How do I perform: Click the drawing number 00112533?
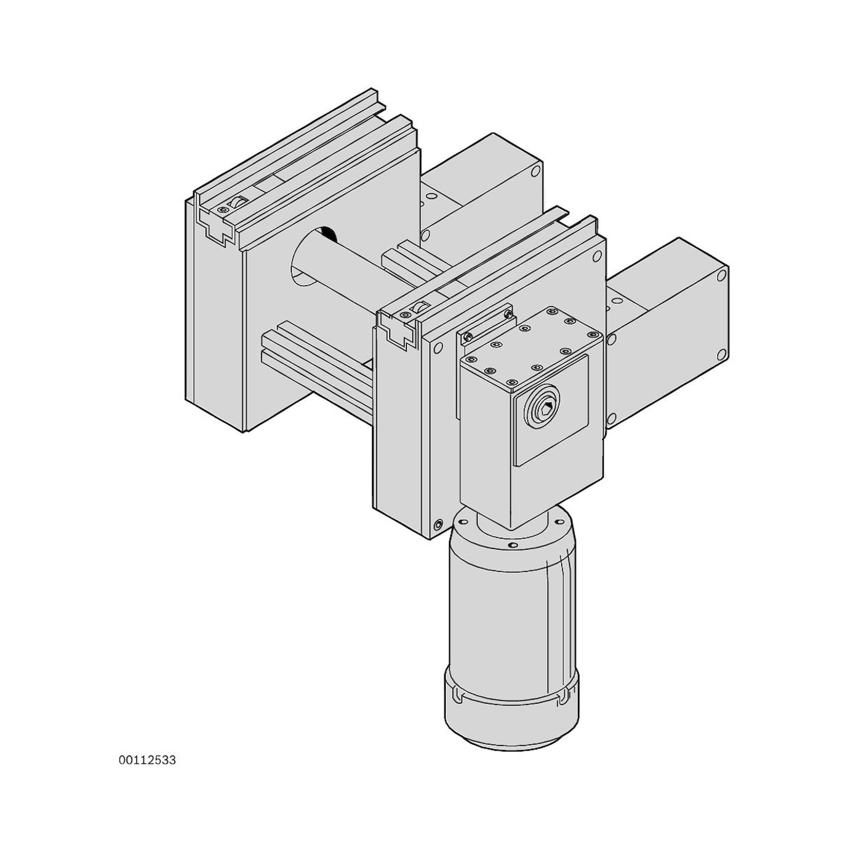pos(147,760)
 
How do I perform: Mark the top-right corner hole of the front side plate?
pos(597,255)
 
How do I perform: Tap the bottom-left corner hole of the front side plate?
pos(438,525)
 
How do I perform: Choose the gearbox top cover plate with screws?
pos(532,349)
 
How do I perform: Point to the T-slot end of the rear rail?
pos(216,225)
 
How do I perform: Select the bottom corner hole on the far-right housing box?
pos(722,354)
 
